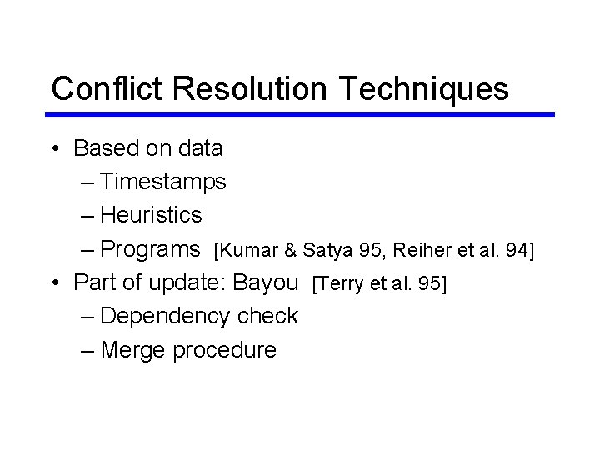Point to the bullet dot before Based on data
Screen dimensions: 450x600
click(54, 149)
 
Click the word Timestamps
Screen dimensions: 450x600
click(163, 182)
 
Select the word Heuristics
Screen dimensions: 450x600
click(151, 215)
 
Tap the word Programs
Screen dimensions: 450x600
click(150, 249)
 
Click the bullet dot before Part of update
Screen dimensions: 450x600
click(54, 283)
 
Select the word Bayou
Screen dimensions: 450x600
click(265, 283)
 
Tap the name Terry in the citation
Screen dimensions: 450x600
click(340, 284)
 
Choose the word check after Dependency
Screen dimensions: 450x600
click(267, 316)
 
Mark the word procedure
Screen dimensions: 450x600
click(224, 350)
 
